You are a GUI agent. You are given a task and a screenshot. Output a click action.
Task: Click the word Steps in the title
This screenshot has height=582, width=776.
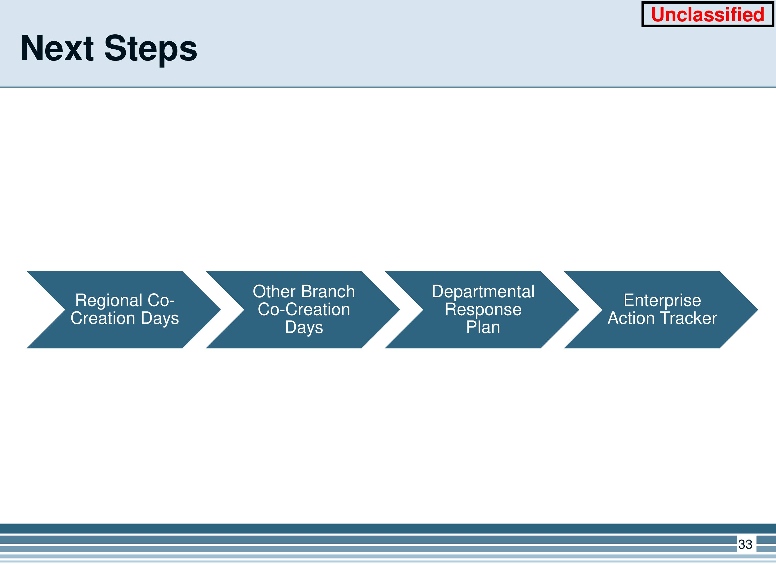(x=151, y=49)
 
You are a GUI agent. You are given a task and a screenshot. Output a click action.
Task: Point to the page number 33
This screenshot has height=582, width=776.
(x=745, y=544)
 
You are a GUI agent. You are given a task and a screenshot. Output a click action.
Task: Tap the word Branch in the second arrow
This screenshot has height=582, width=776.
(x=328, y=292)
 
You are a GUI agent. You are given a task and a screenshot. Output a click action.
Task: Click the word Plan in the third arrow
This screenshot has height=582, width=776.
(x=483, y=327)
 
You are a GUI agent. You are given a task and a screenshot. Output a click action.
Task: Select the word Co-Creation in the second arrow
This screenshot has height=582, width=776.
(x=304, y=309)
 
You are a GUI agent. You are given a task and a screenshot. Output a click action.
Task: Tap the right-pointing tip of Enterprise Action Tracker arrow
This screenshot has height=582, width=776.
(x=758, y=310)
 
